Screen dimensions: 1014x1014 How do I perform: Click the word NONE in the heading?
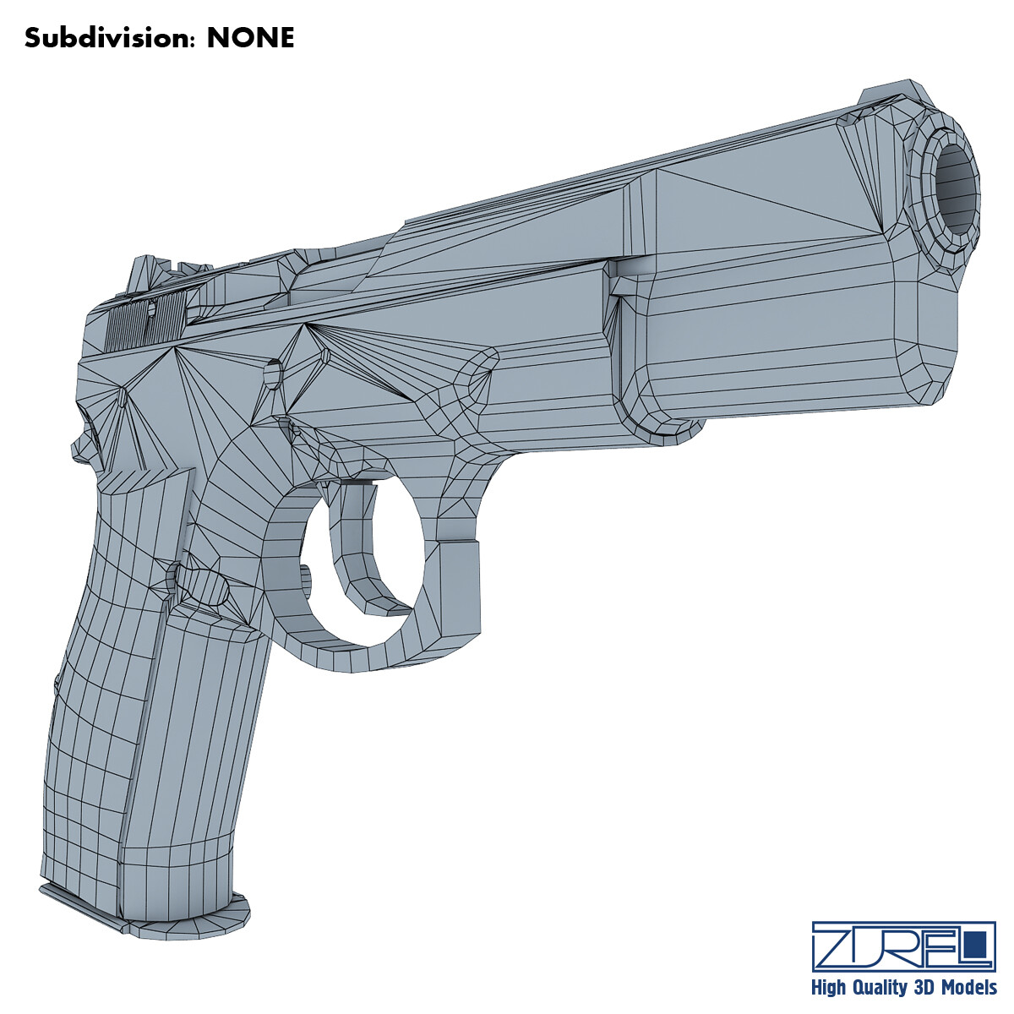251,38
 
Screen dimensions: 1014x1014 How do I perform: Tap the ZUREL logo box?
902,946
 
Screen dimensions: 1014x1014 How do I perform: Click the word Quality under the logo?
886,988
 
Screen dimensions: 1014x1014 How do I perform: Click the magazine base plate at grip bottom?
144,913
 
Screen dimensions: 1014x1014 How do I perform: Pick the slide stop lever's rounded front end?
477,372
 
